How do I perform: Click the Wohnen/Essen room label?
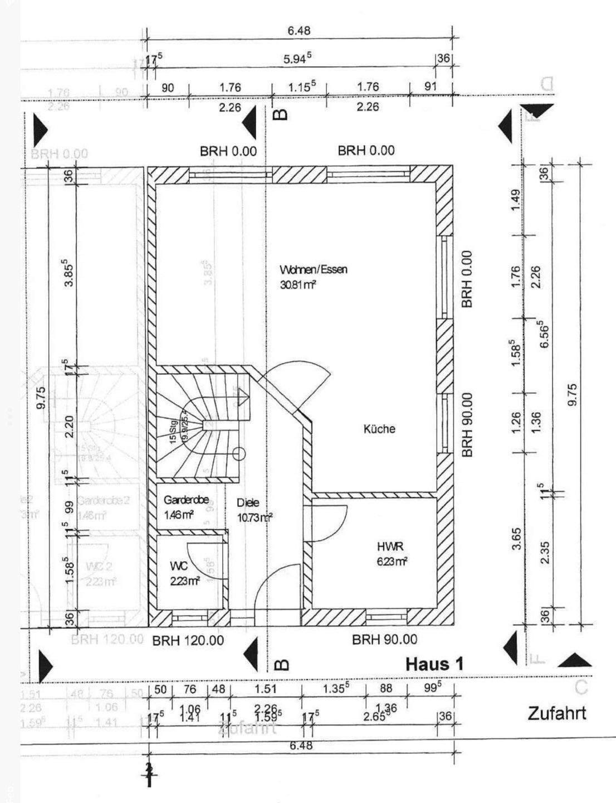(x=314, y=270)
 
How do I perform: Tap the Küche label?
(x=379, y=429)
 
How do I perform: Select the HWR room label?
(x=389, y=546)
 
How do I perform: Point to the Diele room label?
(x=248, y=502)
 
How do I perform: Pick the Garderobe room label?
(x=186, y=500)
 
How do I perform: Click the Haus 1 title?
(x=434, y=664)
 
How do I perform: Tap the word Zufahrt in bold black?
(x=556, y=713)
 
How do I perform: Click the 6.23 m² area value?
(x=392, y=561)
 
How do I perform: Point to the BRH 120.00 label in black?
(x=188, y=641)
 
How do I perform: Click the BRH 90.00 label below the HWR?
(x=384, y=640)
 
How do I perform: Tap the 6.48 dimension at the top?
(x=299, y=31)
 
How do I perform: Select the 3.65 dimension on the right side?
(x=517, y=539)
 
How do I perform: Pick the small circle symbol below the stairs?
(x=239, y=454)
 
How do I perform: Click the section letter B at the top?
(x=282, y=114)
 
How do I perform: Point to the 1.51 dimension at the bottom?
(x=266, y=689)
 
